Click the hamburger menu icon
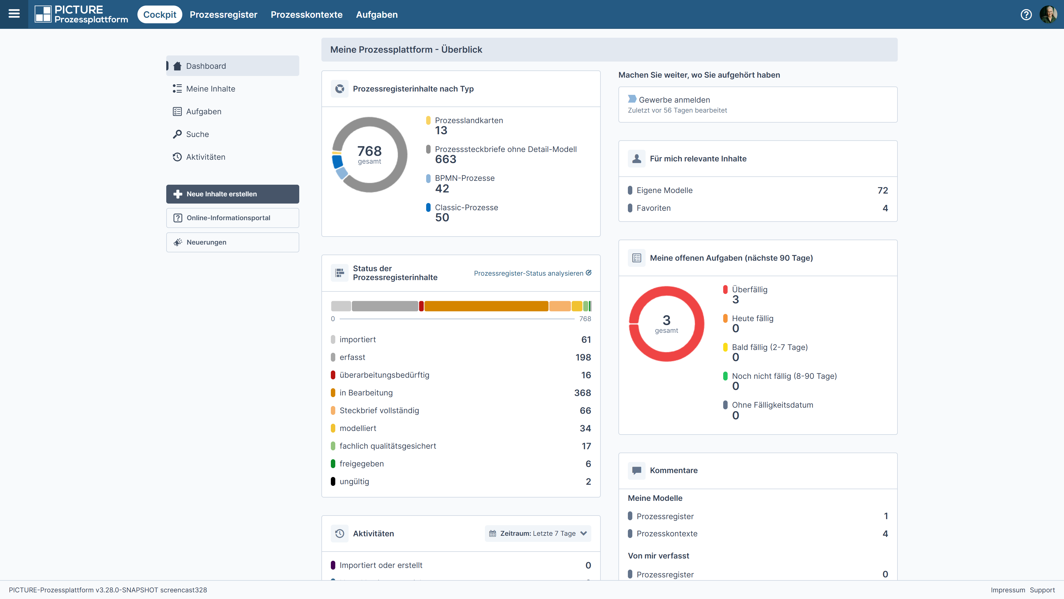(14, 14)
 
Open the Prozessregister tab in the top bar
(223, 14)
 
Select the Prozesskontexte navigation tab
(306, 14)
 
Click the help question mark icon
(1026, 14)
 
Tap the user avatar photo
(1048, 14)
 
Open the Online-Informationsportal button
(232, 218)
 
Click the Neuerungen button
(232, 242)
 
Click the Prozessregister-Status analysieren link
(532, 273)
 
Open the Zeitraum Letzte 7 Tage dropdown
(538, 533)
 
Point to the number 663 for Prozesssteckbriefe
(446, 159)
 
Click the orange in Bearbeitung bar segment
(486, 306)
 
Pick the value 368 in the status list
(582, 393)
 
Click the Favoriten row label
(653, 208)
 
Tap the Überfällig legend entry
(749, 289)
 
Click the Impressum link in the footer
(1008, 590)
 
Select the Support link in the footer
(1042, 590)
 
